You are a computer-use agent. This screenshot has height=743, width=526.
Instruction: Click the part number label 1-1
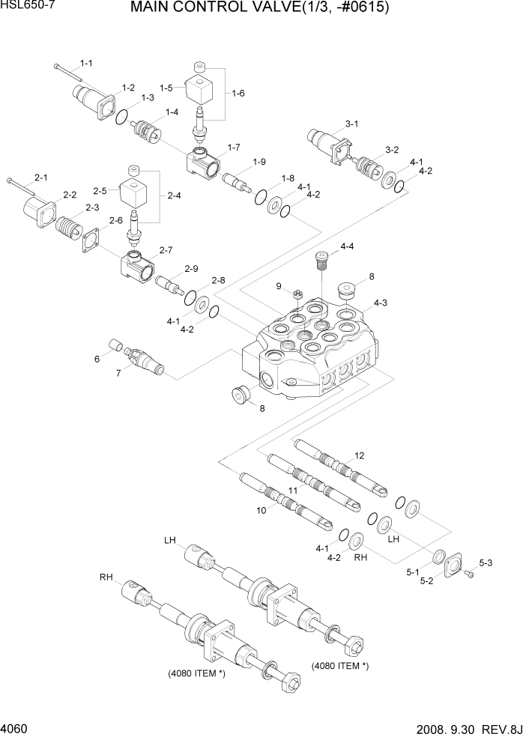click(86, 64)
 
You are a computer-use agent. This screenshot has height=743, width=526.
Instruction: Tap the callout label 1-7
click(233, 147)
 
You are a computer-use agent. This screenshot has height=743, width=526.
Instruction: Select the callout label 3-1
click(351, 124)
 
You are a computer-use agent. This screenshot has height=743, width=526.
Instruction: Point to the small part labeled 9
click(297, 294)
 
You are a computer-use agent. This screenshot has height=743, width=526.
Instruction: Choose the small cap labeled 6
click(117, 345)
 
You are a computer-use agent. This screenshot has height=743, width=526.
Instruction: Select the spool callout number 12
click(359, 455)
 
